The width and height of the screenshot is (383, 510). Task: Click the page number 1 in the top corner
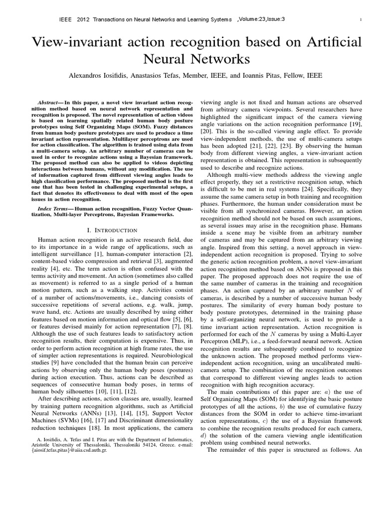[x=360, y=19]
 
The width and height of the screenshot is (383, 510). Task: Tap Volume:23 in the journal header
[x=254, y=19]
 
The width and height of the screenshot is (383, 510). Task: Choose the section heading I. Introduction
[x=112, y=230]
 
